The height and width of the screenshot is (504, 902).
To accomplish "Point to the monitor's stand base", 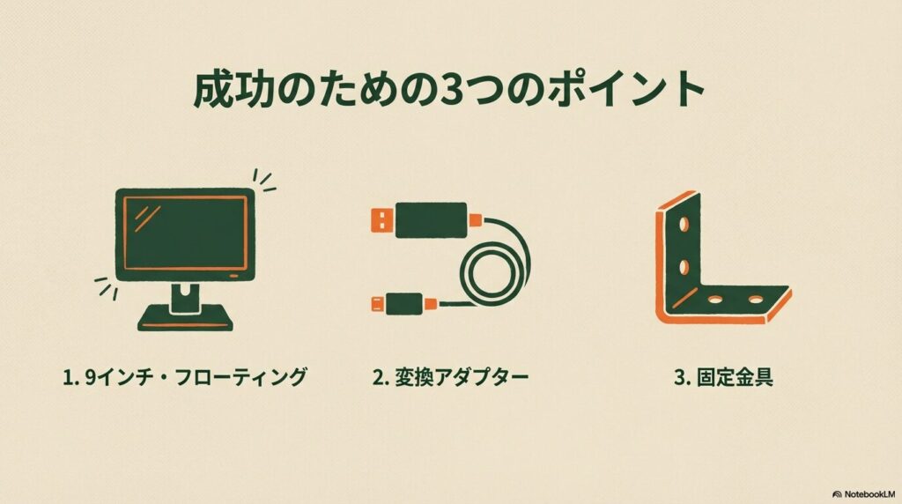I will point(185,315).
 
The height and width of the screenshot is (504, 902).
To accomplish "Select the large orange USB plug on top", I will point(380,219).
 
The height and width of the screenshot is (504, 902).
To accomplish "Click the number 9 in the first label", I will point(89,378).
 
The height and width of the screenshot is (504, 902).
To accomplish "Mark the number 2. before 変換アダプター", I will point(380,378).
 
